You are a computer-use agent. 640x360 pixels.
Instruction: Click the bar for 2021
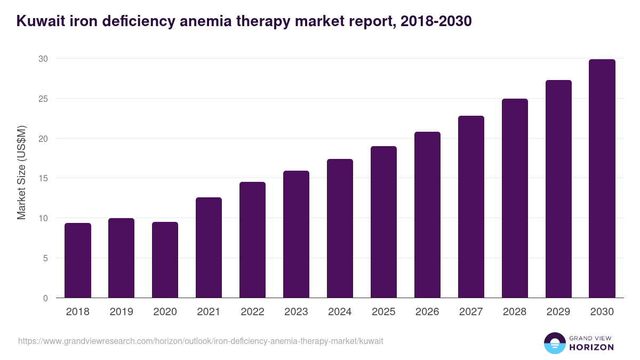[209, 247]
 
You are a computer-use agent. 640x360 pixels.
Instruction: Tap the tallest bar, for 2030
[602, 179]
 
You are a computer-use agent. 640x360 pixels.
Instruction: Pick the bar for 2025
[384, 222]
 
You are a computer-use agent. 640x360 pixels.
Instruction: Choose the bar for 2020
[165, 260]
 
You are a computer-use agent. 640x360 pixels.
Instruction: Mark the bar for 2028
[515, 198]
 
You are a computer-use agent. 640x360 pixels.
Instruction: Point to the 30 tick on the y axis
[43, 59]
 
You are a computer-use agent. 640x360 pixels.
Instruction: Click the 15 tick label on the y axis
[43, 178]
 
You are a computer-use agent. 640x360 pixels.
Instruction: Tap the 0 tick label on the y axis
[46, 298]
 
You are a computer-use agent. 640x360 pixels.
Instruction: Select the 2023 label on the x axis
[296, 312]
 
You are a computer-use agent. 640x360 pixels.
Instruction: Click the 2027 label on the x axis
[471, 312]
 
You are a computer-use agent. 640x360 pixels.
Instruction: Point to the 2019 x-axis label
[122, 312]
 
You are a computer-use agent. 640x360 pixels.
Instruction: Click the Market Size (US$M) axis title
[21, 172]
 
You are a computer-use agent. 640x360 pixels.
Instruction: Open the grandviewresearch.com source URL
[201, 341]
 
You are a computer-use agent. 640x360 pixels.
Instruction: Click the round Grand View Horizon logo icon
[555, 343]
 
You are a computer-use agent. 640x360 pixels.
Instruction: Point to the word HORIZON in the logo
[591, 347]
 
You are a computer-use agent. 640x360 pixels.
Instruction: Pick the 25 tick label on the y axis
[43, 99]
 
